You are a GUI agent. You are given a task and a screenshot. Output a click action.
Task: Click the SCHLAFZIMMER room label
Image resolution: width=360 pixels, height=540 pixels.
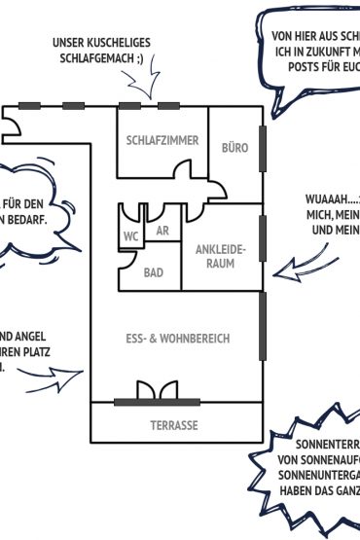(162, 141)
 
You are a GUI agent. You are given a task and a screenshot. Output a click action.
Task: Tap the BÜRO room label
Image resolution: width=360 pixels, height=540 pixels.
(235, 148)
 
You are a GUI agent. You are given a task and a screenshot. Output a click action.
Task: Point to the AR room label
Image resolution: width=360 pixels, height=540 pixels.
(162, 232)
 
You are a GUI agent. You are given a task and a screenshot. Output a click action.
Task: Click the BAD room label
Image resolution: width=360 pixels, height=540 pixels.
(154, 273)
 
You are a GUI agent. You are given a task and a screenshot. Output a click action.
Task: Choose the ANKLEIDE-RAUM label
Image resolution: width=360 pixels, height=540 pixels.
(222, 256)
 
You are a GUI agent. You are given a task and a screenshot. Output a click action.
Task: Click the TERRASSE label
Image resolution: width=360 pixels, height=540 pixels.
(174, 426)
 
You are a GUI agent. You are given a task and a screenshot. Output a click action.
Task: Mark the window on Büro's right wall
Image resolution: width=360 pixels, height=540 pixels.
(262, 149)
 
